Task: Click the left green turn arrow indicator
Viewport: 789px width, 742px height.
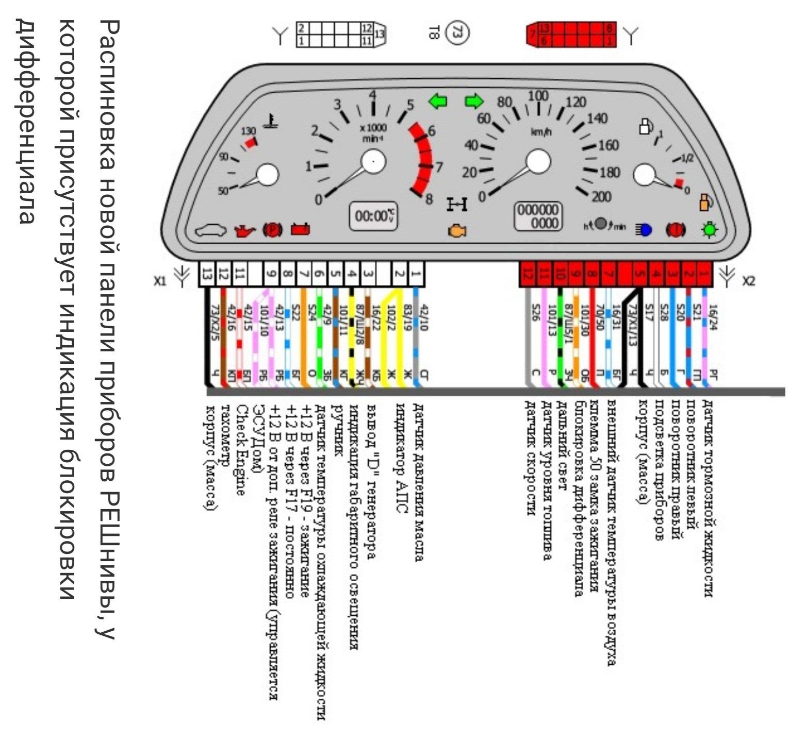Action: (437, 102)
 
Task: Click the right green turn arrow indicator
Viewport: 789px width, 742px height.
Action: (474, 102)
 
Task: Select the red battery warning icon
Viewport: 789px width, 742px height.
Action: (301, 229)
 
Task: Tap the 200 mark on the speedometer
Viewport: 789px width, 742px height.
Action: (601, 197)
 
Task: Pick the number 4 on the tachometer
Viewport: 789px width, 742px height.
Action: (373, 96)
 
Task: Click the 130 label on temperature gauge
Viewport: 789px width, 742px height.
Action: (249, 131)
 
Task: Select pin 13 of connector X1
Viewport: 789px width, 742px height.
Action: (207, 274)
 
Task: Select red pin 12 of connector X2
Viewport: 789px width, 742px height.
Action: (527, 274)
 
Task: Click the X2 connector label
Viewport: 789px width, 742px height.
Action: (748, 281)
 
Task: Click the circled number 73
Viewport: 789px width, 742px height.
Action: (457, 33)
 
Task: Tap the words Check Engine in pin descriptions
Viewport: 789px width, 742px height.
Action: (240, 449)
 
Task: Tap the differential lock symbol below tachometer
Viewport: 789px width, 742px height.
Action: (457, 205)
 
